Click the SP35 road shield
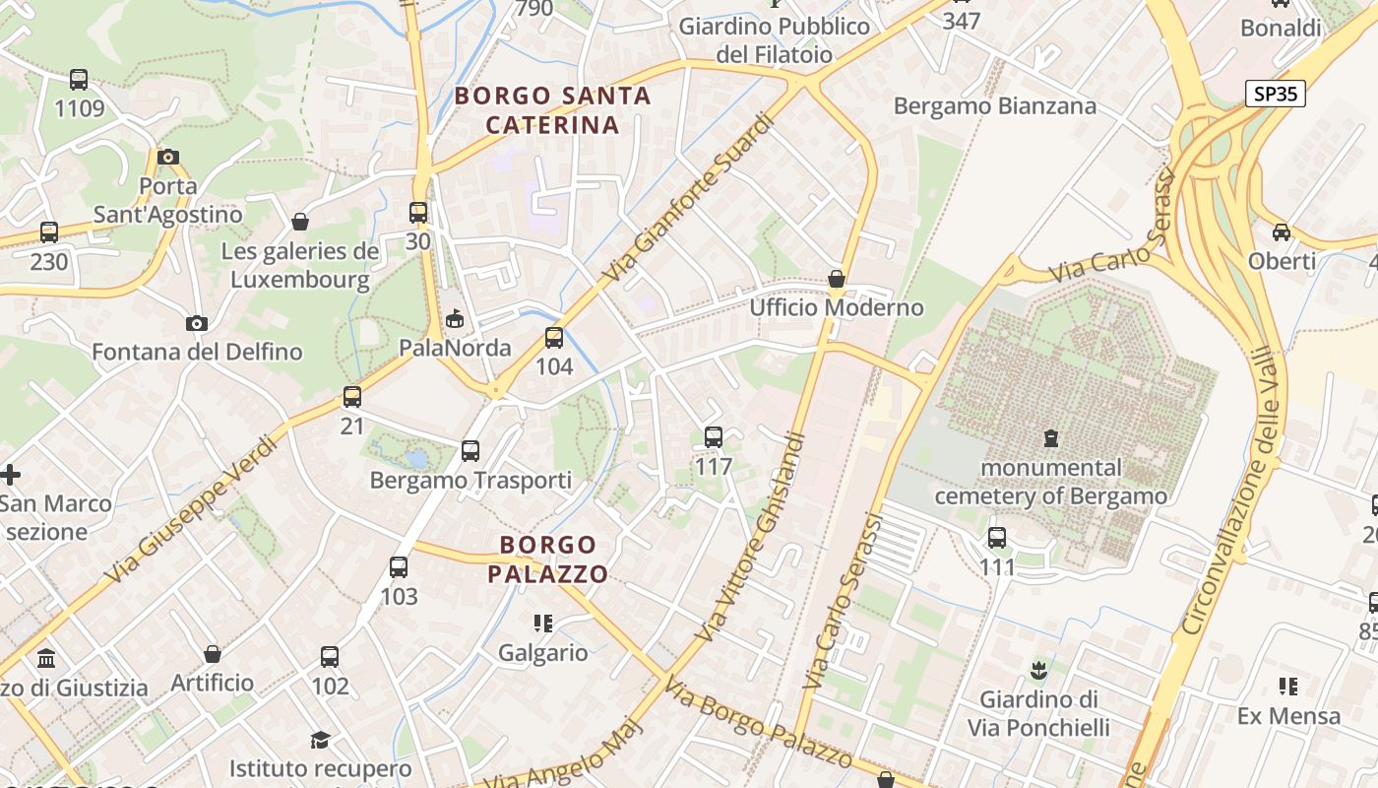pos(1275,94)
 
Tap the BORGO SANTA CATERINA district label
pos(552,110)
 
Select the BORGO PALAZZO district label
pos(547,558)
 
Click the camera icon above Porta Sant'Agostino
pos(168,157)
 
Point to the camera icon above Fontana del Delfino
pos(197,323)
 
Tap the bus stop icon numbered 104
pos(554,338)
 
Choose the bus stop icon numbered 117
pos(714,436)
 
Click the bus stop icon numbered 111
pos(997,538)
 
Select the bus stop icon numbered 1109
pos(79,80)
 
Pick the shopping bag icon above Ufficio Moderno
pos(837,279)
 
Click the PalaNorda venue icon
pos(455,318)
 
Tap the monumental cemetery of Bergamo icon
pos(1051,437)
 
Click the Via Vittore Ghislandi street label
pos(752,538)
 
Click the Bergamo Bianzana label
pos(994,106)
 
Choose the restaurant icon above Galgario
pos(542,624)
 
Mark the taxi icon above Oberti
pos(1281,232)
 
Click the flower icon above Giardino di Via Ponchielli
pos(1037,671)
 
